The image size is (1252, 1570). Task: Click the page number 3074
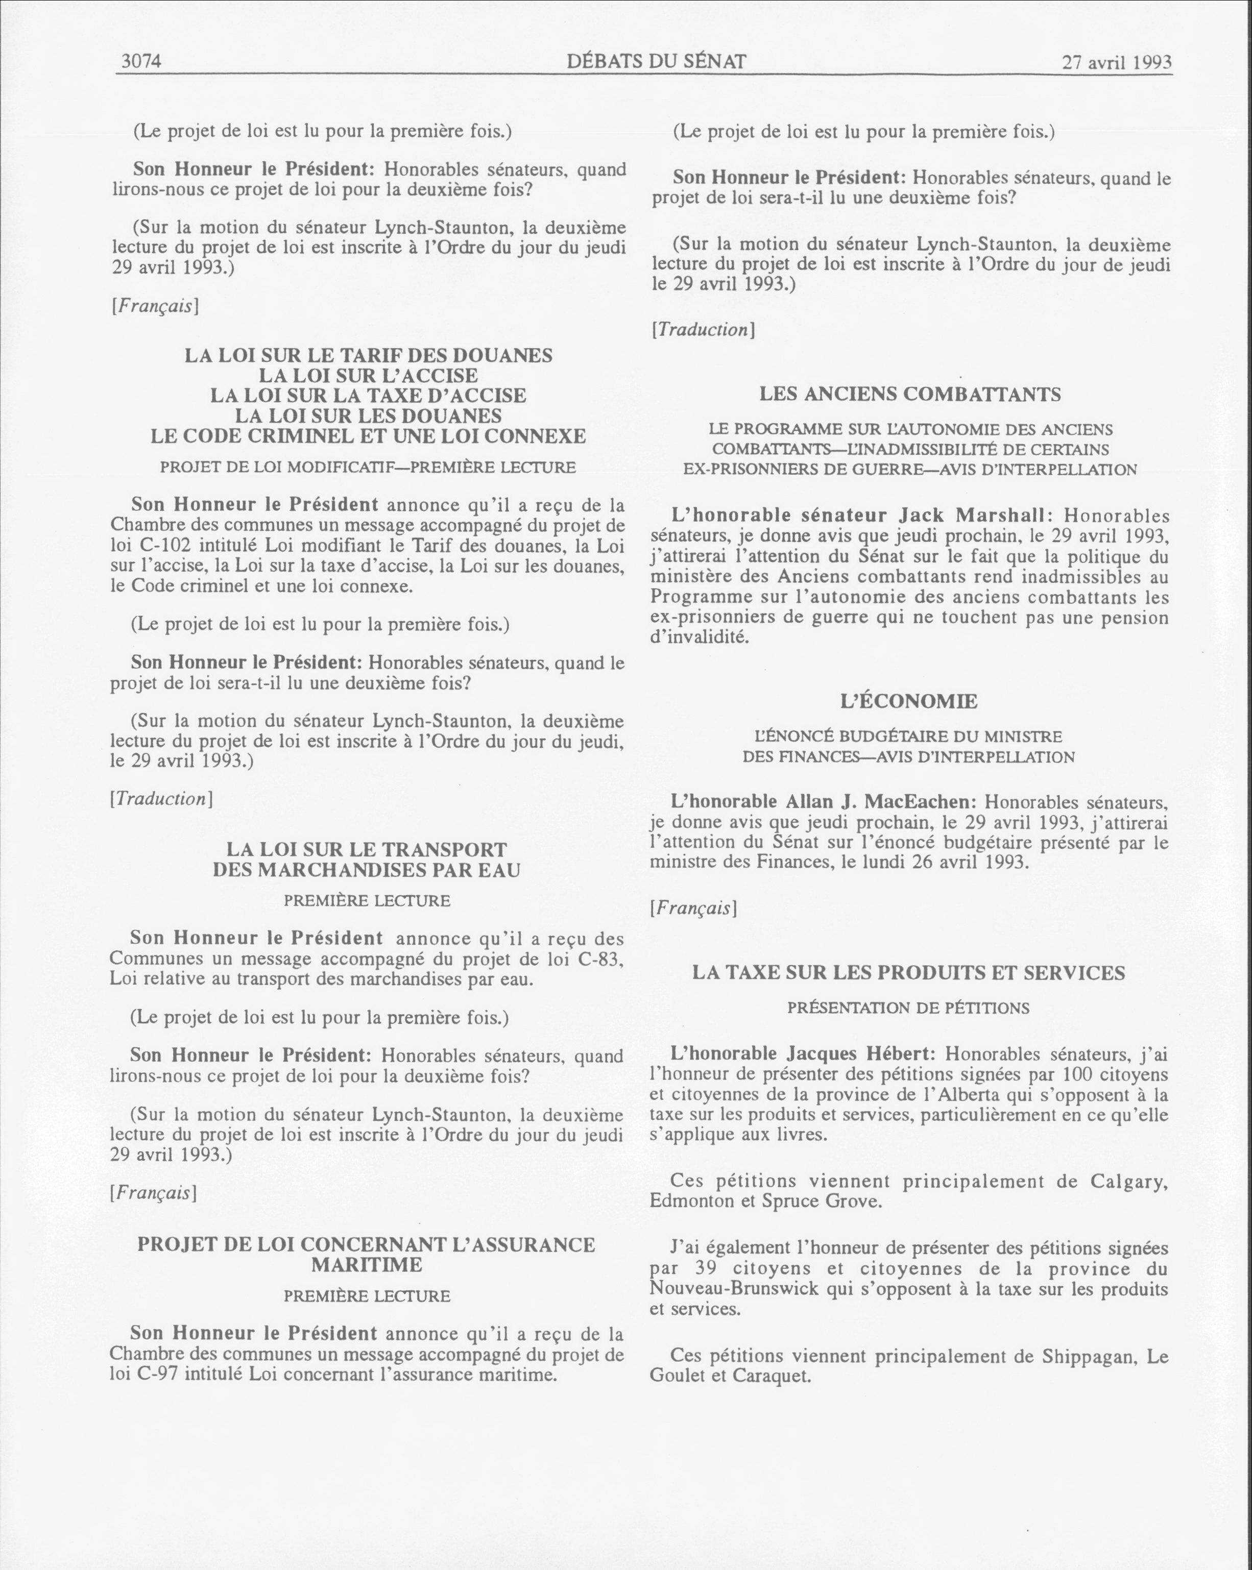point(140,61)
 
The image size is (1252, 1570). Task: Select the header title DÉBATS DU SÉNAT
point(656,61)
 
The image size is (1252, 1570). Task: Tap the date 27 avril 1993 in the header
point(1117,63)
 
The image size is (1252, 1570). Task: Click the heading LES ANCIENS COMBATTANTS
point(910,394)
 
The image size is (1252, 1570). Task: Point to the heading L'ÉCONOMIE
point(908,701)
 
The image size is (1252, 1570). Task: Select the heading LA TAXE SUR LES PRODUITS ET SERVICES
point(908,972)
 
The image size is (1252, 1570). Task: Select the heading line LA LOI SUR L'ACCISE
point(368,376)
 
